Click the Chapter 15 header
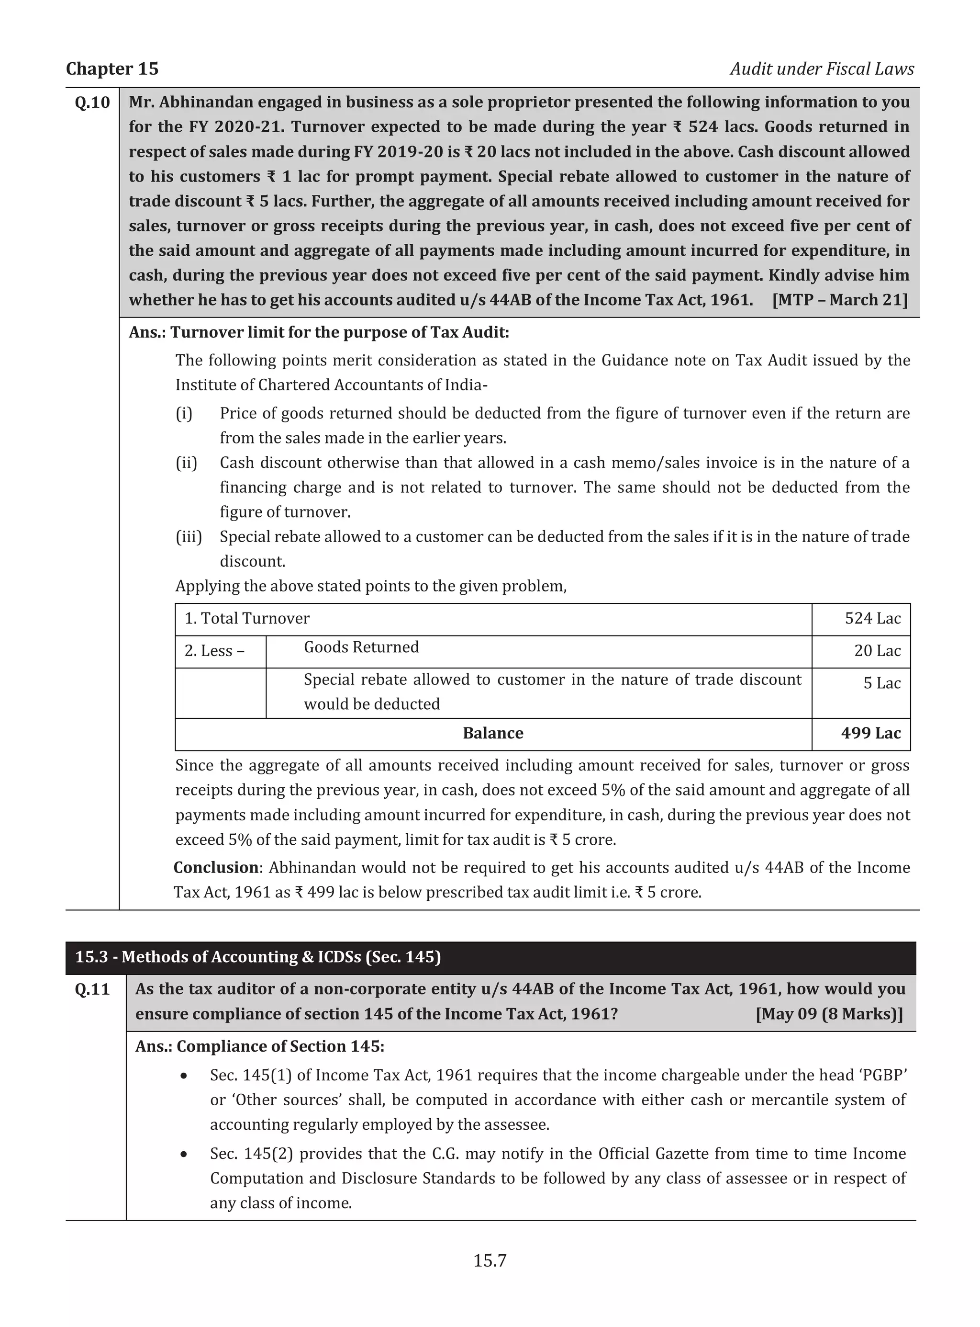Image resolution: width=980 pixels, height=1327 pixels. click(x=112, y=69)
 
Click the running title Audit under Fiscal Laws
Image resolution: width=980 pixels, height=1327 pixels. click(x=822, y=69)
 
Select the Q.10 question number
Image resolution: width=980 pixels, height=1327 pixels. click(x=92, y=102)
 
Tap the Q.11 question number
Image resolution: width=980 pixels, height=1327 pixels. click(x=92, y=989)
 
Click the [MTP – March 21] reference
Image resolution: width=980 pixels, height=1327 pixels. click(x=839, y=300)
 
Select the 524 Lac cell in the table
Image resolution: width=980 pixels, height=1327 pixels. click(x=872, y=619)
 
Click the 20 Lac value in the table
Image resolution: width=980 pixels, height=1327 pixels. click(x=877, y=651)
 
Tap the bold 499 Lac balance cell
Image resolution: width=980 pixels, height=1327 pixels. click(x=870, y=733)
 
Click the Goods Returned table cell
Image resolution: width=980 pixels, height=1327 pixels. click(x=361, y=647)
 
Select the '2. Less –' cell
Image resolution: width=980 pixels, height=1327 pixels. click(x=214, y=651)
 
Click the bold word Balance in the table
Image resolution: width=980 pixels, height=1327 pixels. click(x=492, y=733)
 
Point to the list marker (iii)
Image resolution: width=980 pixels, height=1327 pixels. click(x=188, y=537)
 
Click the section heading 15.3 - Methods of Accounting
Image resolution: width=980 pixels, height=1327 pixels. click(x=257, y=957)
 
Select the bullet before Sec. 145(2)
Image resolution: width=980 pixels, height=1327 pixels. click(x=185, y=1155)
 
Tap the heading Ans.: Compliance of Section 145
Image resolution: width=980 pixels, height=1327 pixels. click(x=259, y=1046)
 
